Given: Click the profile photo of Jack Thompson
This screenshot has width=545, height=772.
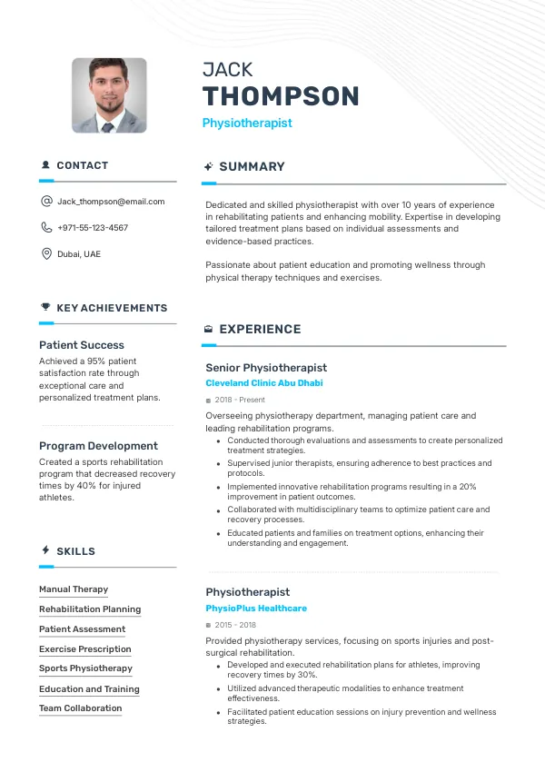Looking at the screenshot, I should pyautogui.click(x=109, y=95).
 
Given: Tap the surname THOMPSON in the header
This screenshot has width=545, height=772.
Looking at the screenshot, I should pyautogui.click(x=281, y=96).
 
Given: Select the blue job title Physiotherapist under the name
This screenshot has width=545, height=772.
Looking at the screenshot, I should pyautogui.click(x=247, y=123).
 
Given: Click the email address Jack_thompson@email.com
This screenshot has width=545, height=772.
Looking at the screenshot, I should pyautogui.click(x=111, y=202).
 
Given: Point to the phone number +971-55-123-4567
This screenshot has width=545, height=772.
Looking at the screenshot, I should pyautogui.click(x=93, y=228).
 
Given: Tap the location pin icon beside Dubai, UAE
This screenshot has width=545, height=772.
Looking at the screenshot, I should pyautogui.click(x=46, y=253).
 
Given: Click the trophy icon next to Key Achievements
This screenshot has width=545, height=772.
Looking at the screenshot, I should pyautogui.click(x=45, y=308).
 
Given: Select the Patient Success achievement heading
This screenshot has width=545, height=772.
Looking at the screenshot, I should pyautogui.click(x=82, y=345).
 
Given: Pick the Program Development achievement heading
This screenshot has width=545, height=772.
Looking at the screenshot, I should pyautogui.click(x=98, y=446).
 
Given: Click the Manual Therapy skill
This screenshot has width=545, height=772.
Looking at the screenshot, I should pyautogui.click(x=74, y=589).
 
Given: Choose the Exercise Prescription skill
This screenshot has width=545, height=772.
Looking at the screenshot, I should pyautogui.click(x=85, y=649).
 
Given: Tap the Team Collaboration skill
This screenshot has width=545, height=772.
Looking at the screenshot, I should pyautogui.click(x=80, y=708).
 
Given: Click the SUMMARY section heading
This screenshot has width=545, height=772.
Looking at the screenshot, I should pyautogui.click(x=252, y=167).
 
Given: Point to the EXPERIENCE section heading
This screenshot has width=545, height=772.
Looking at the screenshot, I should pyautogui.click(x=260, y=330).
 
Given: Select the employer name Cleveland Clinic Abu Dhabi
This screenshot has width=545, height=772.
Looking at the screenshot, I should pyautogui.click(x=263, y=383).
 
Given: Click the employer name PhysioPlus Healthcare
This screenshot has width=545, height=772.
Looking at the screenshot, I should pyautogui.click(x=256, y=609).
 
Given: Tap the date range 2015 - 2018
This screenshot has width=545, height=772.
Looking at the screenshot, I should pyautogui.click(x=235, y=625).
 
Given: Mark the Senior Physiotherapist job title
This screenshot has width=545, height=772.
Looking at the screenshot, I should pyautogui.click(x=266, y=368).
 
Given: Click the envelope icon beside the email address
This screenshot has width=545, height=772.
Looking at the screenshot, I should pyautogui.click(x=46, y=202).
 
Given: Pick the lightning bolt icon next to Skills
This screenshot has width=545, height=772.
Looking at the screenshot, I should pyautogui.click(x=45, y=550).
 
